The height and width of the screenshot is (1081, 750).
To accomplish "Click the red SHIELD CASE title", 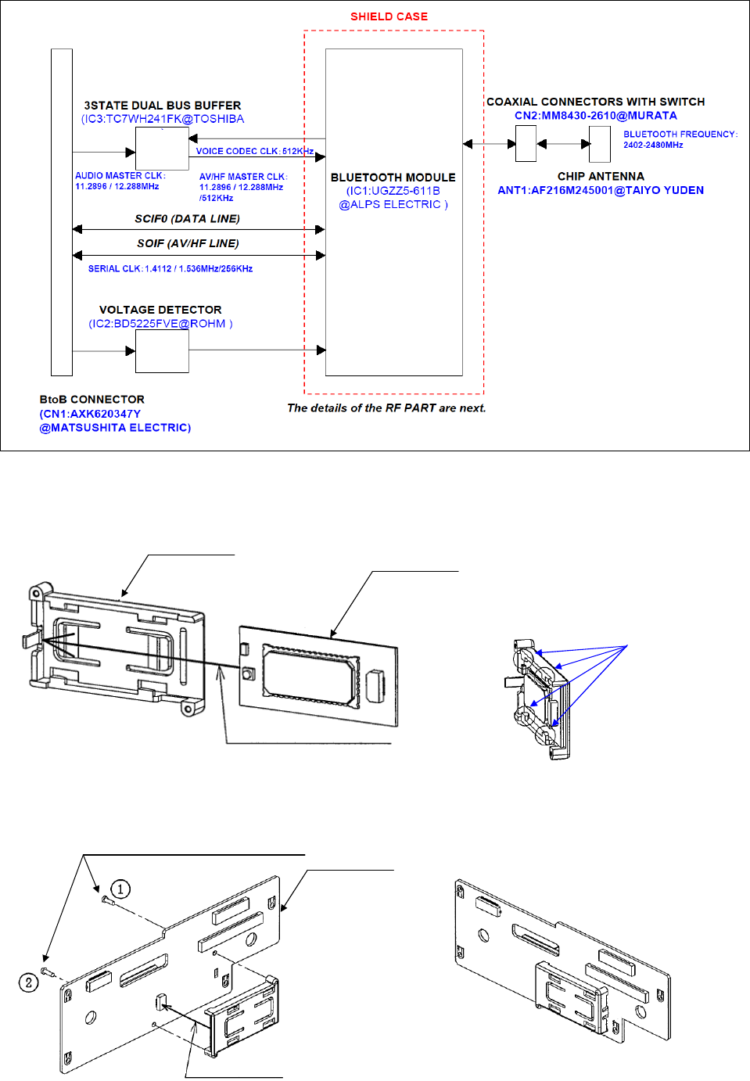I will coord(389,16).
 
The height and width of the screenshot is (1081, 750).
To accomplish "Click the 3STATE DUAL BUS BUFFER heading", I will coord(163,106).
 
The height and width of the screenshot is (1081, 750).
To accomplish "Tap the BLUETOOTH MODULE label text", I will coord(393,178).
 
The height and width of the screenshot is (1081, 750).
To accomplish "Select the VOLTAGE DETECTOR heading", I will coord(160,310).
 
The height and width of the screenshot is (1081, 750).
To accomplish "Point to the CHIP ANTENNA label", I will coord(601,177).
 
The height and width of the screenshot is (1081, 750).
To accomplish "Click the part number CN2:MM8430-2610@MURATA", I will coord(595,116).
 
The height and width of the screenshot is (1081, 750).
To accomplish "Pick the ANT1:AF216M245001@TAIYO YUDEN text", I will coord(601,190).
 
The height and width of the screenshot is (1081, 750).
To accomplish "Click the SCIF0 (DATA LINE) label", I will coord(187,219).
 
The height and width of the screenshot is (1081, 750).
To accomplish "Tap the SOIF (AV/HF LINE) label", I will coord(188,243).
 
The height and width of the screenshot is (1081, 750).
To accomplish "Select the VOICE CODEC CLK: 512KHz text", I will coord(254,151).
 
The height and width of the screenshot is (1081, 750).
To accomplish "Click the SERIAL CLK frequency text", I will coord(170,268).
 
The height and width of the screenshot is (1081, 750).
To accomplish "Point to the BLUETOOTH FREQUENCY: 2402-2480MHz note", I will coord(680,139).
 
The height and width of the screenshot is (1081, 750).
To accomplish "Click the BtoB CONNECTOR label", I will coord(92,399).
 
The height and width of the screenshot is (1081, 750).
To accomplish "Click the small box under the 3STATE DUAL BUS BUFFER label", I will coord(162,149).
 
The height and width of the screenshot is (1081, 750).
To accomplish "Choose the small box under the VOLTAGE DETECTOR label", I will coord(162,351).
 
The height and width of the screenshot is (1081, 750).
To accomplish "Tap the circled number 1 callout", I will coord(120,889).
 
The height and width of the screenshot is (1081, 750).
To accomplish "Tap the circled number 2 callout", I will coord(28,982).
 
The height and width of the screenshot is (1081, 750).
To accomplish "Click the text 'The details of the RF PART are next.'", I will coord(386,408).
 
